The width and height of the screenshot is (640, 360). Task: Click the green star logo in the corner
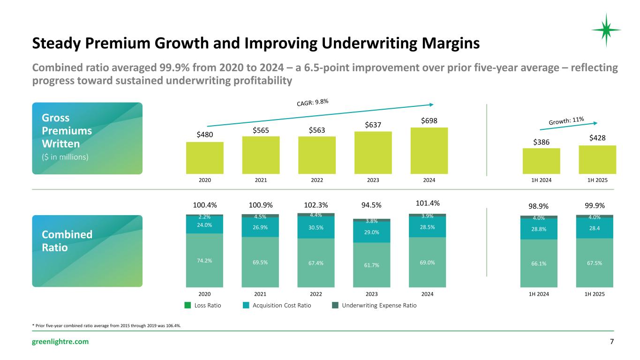pyautogui.click(x=606, y=30)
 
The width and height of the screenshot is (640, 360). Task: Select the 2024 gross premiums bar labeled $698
pyautogui.click(x=429, y=150)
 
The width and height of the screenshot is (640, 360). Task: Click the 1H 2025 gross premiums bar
pyautogui.click(x=597, y=159)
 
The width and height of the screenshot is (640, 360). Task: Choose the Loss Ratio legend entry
pyautogui.click(x=204, y=305)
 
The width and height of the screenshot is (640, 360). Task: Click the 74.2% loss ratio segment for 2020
pyautogui.click(x=204, y=260)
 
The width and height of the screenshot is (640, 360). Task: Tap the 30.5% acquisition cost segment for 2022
pyautogui.click(x=316, y=228)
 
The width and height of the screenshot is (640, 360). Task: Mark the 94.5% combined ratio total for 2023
pyautogui.click(x=372, y=204)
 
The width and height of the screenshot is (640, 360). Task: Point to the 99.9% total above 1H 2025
pyautogui.click(x=595, y=205)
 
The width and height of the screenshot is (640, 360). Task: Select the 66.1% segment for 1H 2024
pyautogui.click(x=539, y=263)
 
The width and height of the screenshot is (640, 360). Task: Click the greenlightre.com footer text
pyautogui.click(x=60, y=342)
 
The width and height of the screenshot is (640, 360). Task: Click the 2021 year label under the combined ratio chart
pyautogui.click(x=260, y=294)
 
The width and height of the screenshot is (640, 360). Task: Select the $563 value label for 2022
pyautogui.click(x=316, y=130)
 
